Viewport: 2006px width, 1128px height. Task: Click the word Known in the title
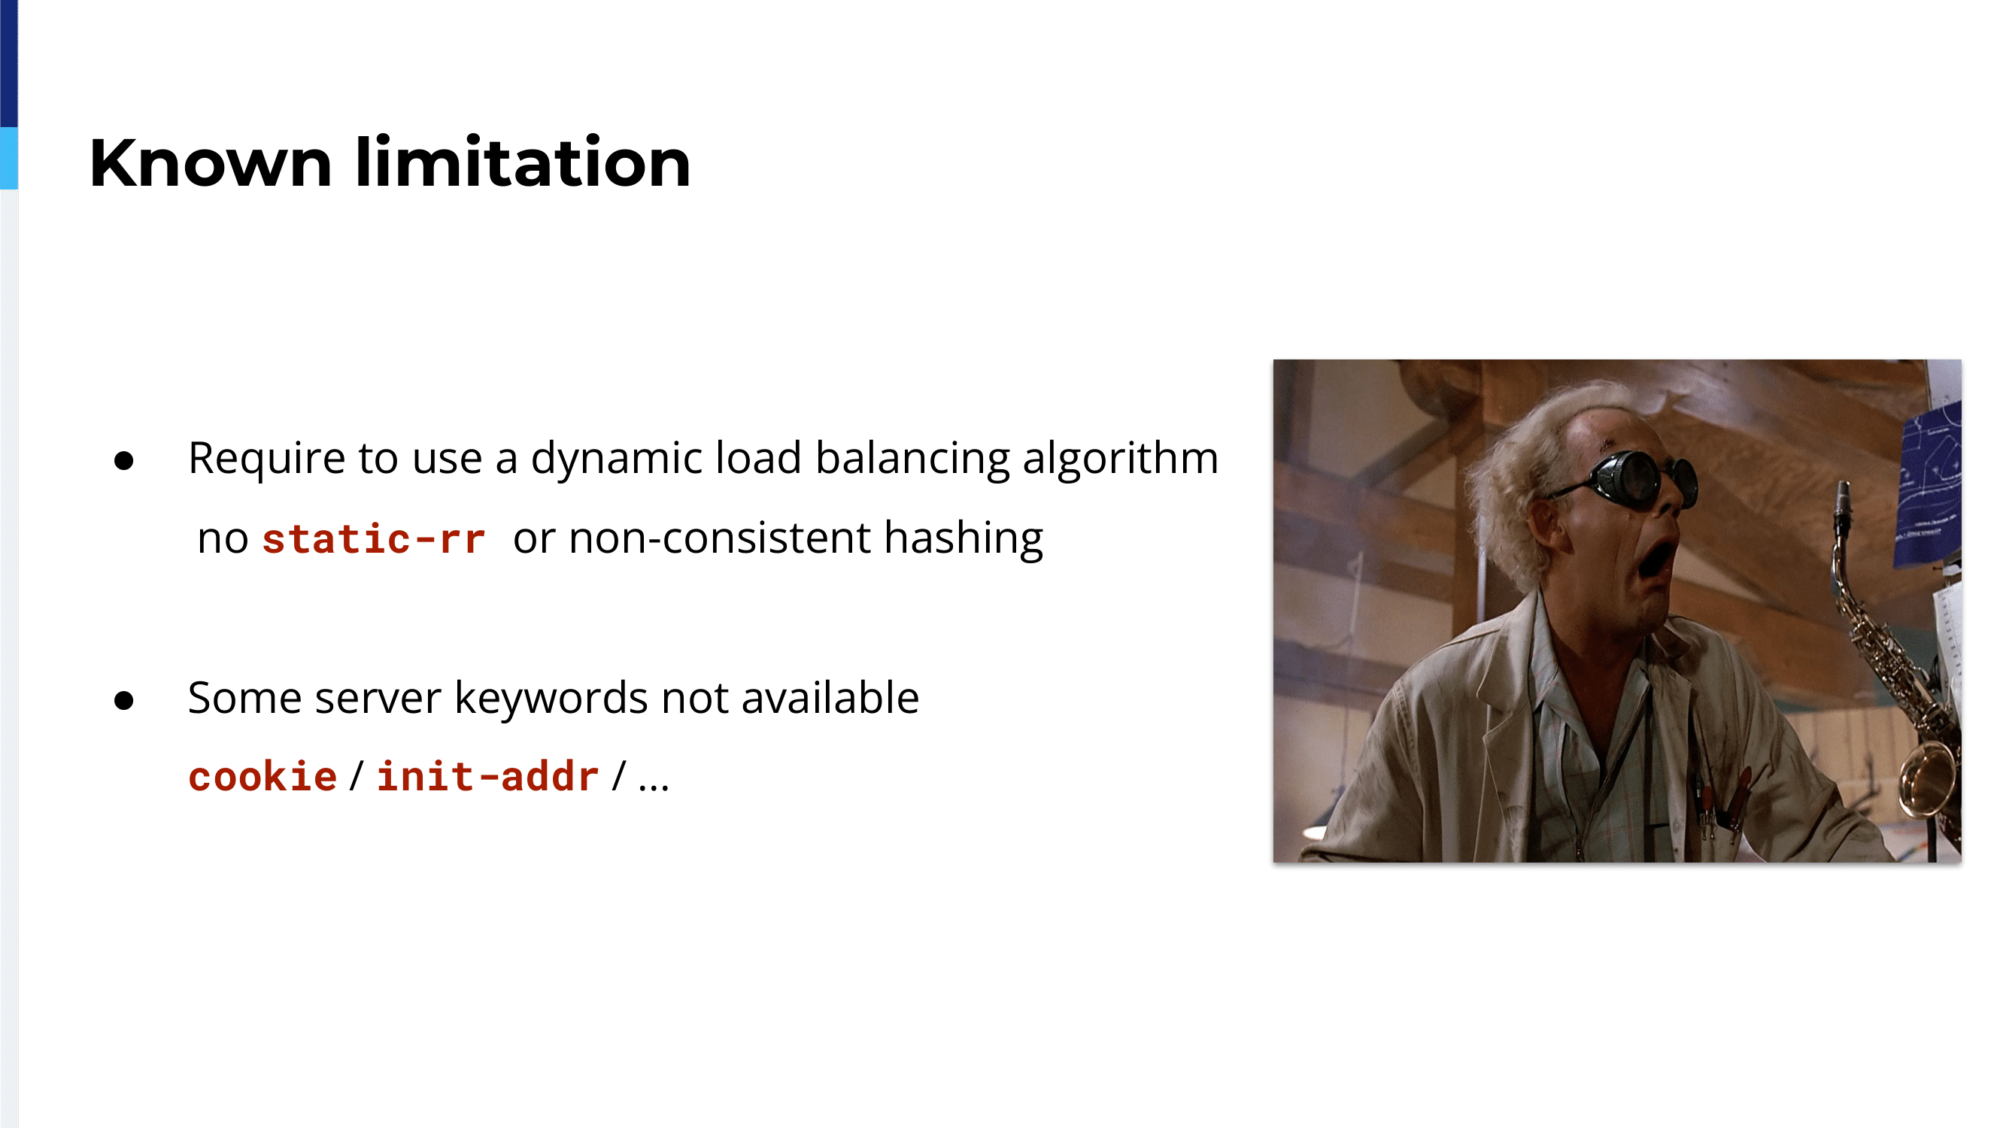[211, 162]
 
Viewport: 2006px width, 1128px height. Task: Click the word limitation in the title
[524, 162]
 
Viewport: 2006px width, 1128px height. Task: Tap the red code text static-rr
[374, 538]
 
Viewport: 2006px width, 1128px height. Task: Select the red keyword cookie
[263, 776]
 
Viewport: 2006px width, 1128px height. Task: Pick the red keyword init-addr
[488, 776]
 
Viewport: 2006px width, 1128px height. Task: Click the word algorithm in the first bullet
[1121, 459]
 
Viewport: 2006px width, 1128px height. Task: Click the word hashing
[964, 538]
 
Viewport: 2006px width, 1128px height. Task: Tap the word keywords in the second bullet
[551, 698]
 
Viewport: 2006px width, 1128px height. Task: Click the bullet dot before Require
[124, 461]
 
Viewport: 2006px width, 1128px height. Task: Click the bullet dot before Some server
[124, 701]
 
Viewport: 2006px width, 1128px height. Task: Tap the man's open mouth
[1656, 559]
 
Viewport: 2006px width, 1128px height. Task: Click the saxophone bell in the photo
[1930, 779]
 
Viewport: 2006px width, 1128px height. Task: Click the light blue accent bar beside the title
[8, 159]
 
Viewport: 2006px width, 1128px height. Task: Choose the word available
[830, 698]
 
